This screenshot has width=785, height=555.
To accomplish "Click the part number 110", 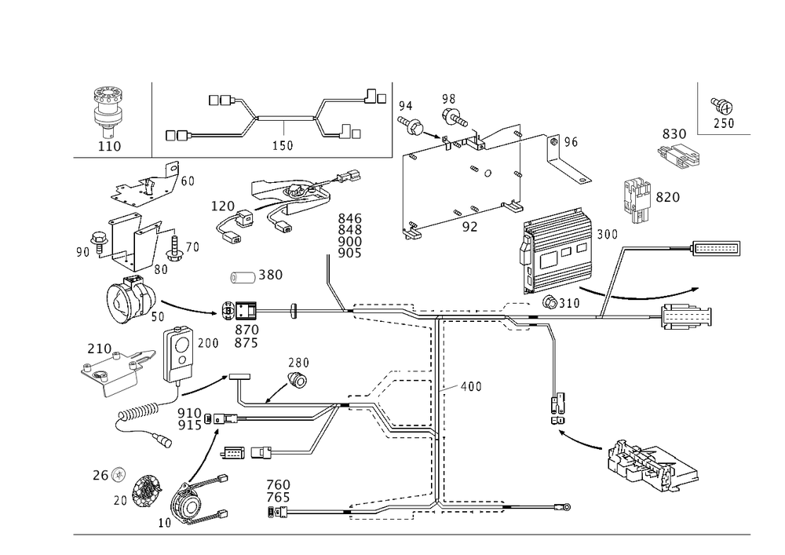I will (x=108, y=146).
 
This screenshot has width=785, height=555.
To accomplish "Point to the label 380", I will (x=270, y=276).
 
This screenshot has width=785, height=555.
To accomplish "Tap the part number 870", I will (x=246, y=330).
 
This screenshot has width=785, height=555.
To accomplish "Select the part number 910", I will (x=189, y=412).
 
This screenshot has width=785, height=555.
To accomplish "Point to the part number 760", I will (x=278, y=484).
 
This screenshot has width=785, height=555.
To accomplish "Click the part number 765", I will (x=278, y=498).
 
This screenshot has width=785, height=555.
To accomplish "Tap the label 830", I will (x=674, y=135).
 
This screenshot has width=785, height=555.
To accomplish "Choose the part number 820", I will (x=667, y=197).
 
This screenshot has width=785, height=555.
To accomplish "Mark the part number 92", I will (x=469, y=225).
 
